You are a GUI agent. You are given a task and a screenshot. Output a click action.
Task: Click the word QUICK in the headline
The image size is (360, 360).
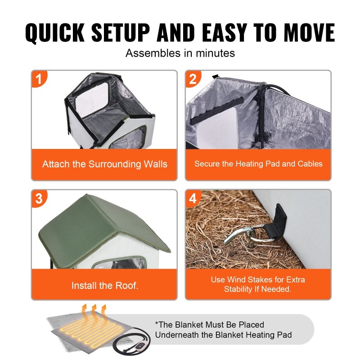pyautogui.click(x=55, y=32)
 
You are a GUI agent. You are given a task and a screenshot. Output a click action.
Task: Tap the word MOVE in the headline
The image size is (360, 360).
pyautogui.click(x=309, y=32)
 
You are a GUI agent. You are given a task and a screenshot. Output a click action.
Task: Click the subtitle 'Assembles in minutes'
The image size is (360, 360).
pyautogui.click(x=180, y=53)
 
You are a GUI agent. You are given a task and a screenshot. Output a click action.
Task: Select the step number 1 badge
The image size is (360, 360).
pyautogui.click(x=39, y=79)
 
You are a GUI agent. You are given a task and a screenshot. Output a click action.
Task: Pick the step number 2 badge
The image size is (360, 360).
pyautogui.click(x=193, y=79)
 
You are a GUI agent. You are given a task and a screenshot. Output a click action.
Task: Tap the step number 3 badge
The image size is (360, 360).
pyautogui.click(x=39, y=198)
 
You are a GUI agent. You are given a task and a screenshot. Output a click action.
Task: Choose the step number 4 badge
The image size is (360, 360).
pyautogui.click(x=193, y=198)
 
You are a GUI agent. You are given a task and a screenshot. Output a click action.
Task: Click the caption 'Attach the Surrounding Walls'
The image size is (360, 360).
pyautogui.click(x=105, y=164)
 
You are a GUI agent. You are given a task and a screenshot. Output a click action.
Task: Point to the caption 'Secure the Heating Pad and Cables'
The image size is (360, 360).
pyautogui.click(x=258, y=164)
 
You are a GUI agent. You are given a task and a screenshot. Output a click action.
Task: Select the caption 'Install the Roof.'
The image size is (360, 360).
pyautogui.click(x=105, y=286)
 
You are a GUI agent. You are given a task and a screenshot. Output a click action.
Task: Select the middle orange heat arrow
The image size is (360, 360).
pyautogui.click(x=94, y=315)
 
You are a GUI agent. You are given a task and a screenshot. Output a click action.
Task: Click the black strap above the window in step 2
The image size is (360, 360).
pyautogui.click(x=217, y=111)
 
